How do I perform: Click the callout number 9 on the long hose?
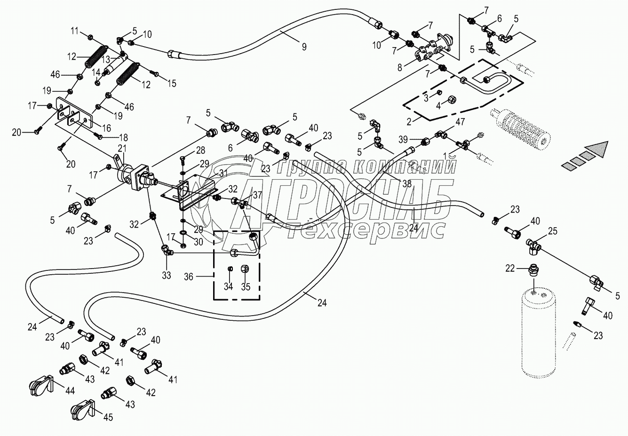303,47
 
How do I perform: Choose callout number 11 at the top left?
75,32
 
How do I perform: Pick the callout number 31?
223,173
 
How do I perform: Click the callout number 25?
552,231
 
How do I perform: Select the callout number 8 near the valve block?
400,67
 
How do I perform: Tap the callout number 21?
122,149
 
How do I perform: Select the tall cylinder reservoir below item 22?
540,334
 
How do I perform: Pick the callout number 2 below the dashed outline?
409,121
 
